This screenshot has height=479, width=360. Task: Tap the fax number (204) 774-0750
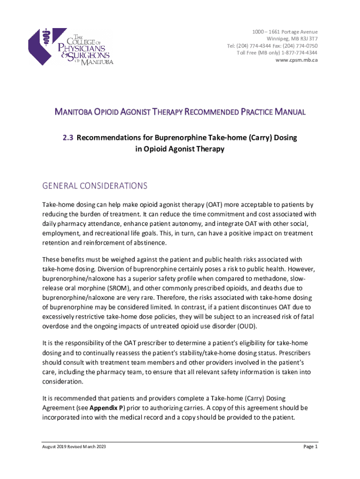pos(295,46)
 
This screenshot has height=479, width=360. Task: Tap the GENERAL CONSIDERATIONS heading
pos(95,186)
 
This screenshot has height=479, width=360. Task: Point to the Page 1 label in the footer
pos(310,447)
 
